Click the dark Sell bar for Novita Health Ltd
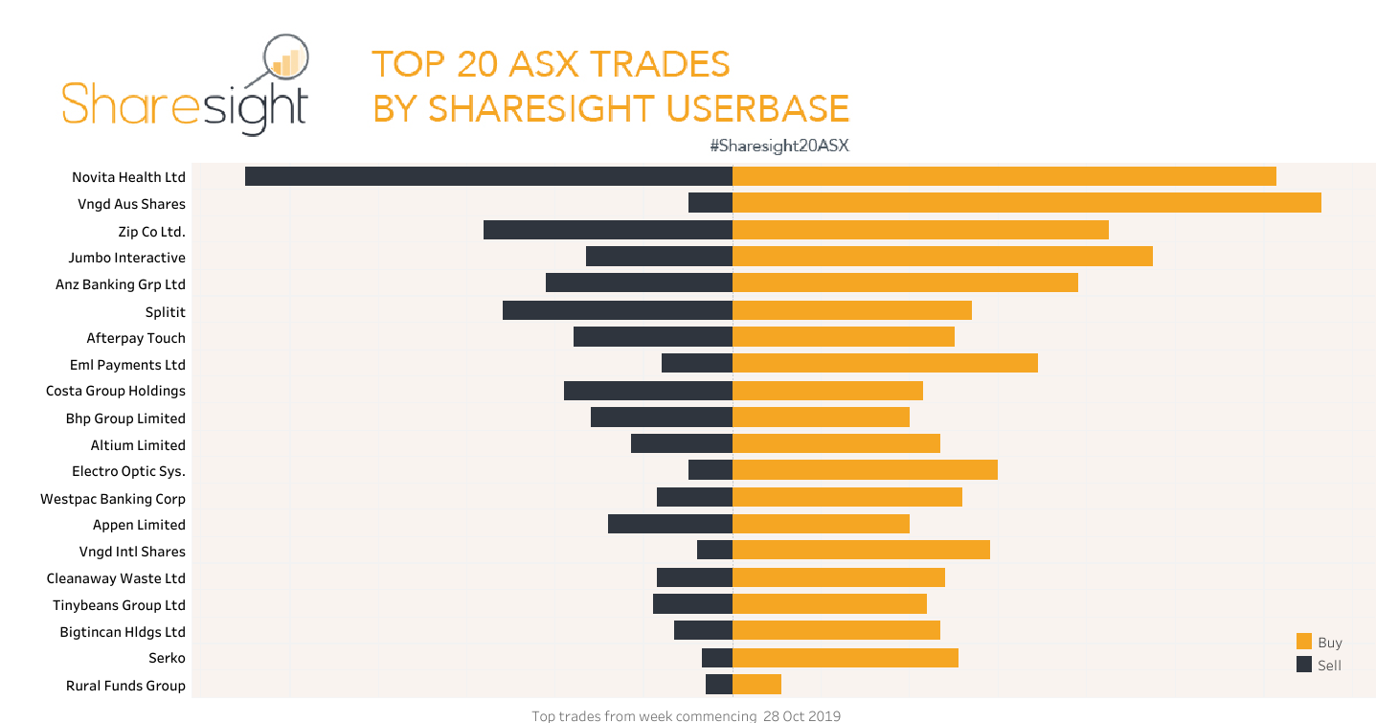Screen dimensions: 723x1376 pos(488,176)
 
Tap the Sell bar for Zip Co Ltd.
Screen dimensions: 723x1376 pos(608,230)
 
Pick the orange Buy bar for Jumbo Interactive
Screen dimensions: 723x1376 pos(942,257)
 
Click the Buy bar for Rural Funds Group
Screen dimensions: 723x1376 pos(756,684)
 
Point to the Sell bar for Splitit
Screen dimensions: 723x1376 pos(618,310)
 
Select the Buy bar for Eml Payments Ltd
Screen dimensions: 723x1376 pos(885,363)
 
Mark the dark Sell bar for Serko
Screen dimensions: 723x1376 pos(717,658)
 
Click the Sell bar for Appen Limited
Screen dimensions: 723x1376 pos(670,524)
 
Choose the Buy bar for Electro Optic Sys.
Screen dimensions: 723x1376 pos(865,470)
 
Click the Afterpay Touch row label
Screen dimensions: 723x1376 pos(136,338)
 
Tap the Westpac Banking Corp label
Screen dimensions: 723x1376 pos(113,499)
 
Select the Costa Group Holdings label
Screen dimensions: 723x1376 pos(116,391)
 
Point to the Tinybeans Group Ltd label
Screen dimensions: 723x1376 pos(119,605)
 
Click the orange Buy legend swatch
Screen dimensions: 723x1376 pos(1303,642)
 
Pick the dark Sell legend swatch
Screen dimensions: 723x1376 pos(1303,665)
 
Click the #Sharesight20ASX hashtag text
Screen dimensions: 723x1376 pos(779,147)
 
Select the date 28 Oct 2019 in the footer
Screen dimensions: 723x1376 pos(801,715)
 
